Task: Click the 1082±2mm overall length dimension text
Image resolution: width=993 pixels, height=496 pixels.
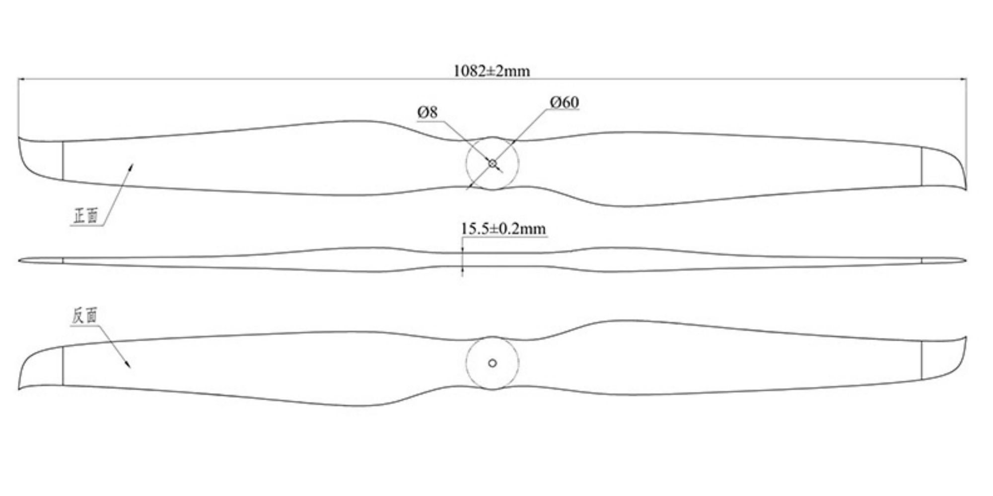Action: click(492, 71)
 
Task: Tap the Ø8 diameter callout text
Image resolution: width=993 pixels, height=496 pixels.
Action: click(427, 113)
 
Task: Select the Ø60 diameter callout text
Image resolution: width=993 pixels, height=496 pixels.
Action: click(565, 102)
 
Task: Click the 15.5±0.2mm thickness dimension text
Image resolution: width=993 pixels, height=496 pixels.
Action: click(503, 229)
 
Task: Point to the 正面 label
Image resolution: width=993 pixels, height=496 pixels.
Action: click(85, 216)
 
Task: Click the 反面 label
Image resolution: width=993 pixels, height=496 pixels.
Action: click(85, 315)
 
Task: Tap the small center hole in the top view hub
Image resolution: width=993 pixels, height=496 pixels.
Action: click(493, 163)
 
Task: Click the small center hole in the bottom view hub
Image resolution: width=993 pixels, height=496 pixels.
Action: click(493, 363)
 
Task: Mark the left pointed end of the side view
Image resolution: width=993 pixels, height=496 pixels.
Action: click(19, 260)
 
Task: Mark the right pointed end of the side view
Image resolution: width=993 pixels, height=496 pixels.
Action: click(966, 260)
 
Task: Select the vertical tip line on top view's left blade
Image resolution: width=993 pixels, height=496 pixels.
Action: click(63, 161)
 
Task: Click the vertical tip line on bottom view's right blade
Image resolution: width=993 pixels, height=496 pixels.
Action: click(922, 360)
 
